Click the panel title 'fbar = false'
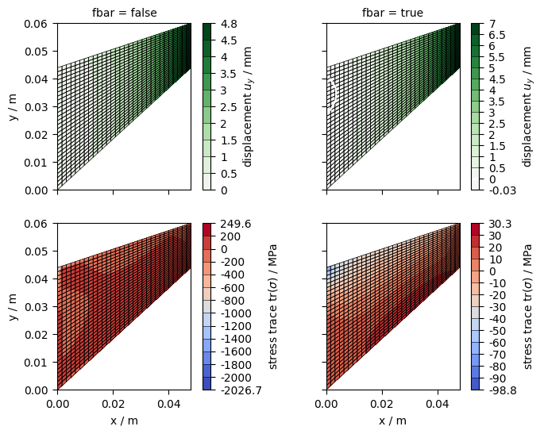pyautogui.click(x=124, y=13)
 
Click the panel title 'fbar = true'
pyautogui.click(x=392, y=13)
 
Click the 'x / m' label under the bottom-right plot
pyautogui.click(x=392, y=421)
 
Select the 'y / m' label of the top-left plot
pyautogui.click(x=14, y=107)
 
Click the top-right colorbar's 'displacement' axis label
pyautogui.click(x=527, y=107)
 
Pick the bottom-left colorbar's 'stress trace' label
pyautogui.click(x=272, y=307)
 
